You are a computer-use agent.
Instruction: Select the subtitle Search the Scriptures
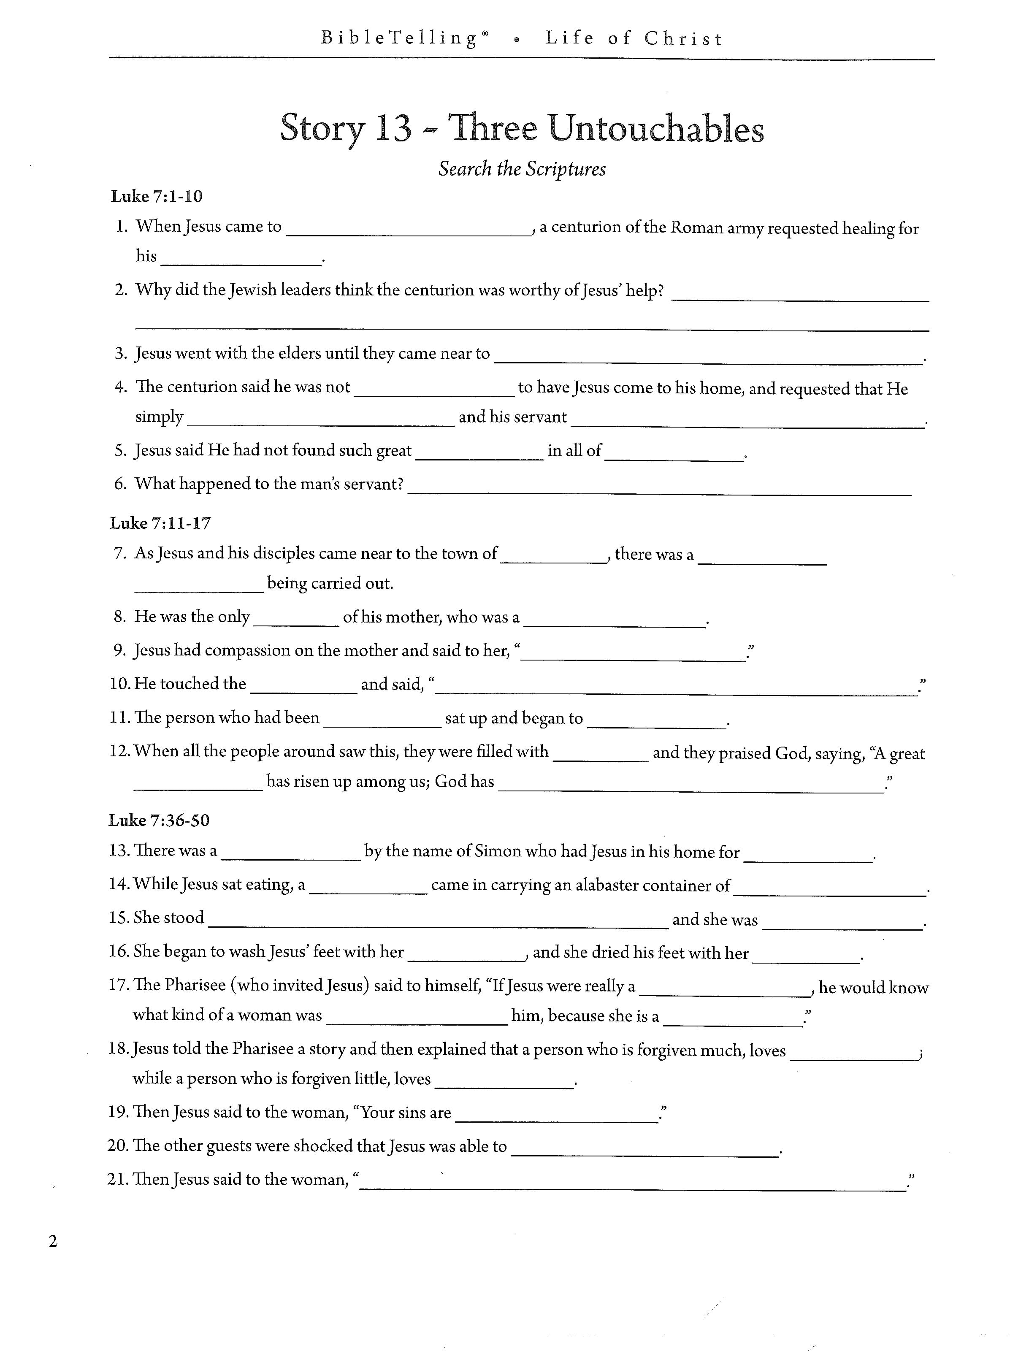click(x=522, y=169)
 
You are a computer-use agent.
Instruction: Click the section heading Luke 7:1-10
click(x=156, y=197)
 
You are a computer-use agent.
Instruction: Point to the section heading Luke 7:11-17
click(x=160, y=523)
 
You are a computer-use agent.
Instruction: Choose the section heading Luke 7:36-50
click(x=159, y=820)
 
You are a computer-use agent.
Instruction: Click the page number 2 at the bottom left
click(x=53, y=1242)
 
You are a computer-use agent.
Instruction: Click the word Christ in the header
click(x=683, y=39)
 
